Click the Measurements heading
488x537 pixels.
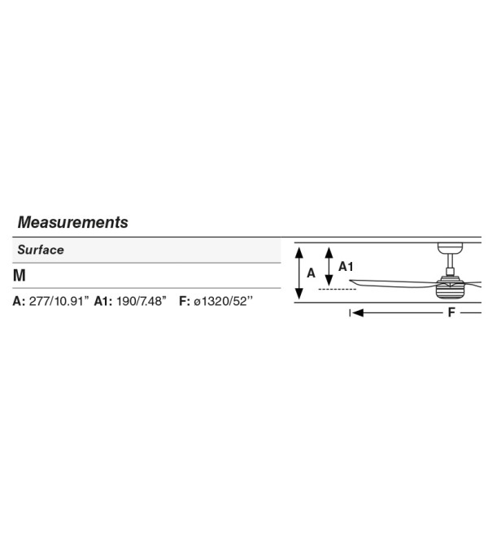pyautogui.click(x=73, y=222)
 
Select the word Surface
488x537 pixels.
pyautogui.click(x=41, y=250)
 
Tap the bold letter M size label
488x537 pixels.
pyautogui.click(x=20, y=275)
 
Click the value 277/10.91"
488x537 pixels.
pyautogui.click(x=59, y=301)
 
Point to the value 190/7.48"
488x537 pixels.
pyautogui.click(x=141, y=301)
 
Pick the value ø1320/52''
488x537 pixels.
pyautogui.click(x=224, y=301)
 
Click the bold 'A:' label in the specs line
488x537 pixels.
pyautogui.click(x=19, y=301)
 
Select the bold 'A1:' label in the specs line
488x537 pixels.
pyautogui.click(x=103, y=301)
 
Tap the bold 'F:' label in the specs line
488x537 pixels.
pyautogui.click(x=185, y=301)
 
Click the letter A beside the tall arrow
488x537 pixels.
pyautogui.click(x=311, y=273)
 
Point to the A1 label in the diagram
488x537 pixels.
pyautogui.click(x=346, y=266)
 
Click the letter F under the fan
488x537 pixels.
pyautogui.click(x=451, y=312)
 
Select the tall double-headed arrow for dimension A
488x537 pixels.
pyautogui.click(x=299, y=273)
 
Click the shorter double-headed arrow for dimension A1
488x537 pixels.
pyautogui.click(x=329, y=266)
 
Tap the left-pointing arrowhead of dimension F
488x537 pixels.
pyautogui.click(x=358, y=312)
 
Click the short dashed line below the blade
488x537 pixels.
pyautogui.click(x=338, y=290)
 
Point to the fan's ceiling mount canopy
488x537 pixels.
pyautogui.click(x=450, y=248)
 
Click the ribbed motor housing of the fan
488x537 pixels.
pyautogui.click(x=450, y=290)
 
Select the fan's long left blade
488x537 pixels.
pyautogui.click(x=394, y=283)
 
